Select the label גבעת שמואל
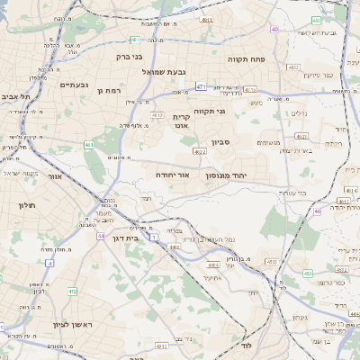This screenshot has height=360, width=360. (163, 71)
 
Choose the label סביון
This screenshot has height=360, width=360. (221, 142)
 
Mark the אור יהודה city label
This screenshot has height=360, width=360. (172, 175)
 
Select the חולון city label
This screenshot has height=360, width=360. (24, 206)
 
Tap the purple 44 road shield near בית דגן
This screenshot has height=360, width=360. (100, 236)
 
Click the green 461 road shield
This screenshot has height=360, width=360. (88, 144)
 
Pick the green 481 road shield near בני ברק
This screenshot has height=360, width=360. (134, 40)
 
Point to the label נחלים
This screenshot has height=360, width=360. (300, 113)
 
